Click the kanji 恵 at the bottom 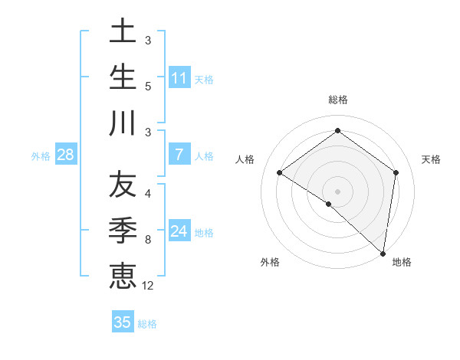tap(123, 275)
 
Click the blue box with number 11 tap(179, 78)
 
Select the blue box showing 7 tap(179, 155)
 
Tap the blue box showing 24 tap(179, 231)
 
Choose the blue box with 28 tap(66, 155)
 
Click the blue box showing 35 tap(123, 322)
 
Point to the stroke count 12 tap(148, 286)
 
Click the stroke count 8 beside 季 tap(148, 240)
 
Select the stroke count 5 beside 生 tap(148, 86)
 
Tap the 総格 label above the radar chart tap(338, 100)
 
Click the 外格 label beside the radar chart tap(270, 262)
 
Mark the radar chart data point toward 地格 tap(383, 253)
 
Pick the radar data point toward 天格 tap(396, 172)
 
